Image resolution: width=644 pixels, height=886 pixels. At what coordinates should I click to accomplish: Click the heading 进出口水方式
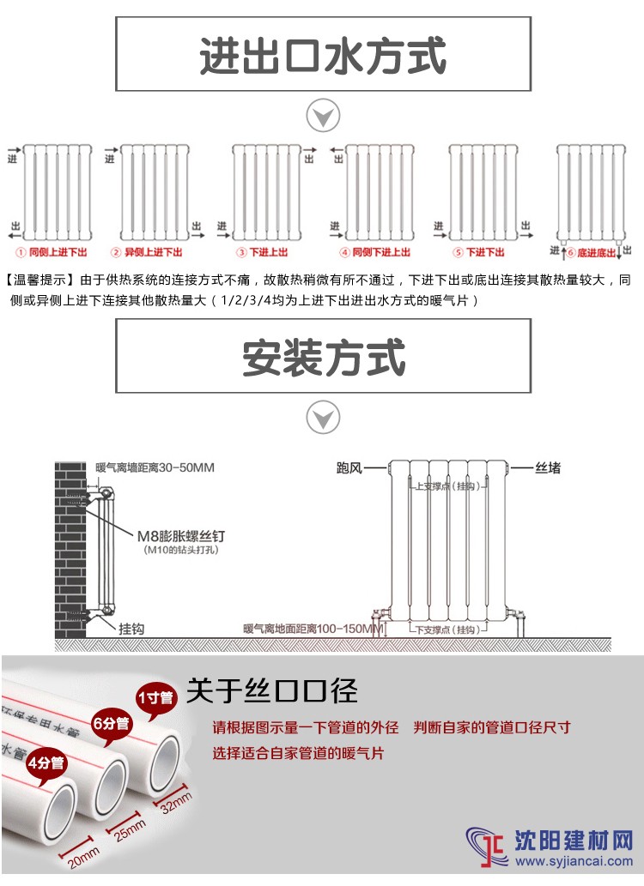(323, 55)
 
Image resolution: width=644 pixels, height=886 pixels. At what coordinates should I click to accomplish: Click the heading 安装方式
(324, 357)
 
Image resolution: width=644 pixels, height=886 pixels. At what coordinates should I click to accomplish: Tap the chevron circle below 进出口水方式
(323, 116)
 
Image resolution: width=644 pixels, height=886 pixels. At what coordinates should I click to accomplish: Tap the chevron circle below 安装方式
(323, 418)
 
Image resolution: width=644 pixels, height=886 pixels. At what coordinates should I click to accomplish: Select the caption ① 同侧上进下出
(52, 252)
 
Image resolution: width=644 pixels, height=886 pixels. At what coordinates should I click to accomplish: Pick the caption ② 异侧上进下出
(147, 252)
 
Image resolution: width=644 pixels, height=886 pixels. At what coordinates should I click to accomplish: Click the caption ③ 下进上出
(262, 252)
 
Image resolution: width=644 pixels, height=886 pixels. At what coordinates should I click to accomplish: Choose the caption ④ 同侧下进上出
(374, 252)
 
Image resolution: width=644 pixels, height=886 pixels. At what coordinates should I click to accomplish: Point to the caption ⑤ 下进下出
(479, 252)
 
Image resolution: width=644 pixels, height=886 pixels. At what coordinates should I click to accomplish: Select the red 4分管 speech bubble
(46, 764)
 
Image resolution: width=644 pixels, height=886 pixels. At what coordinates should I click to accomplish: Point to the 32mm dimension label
(176, 802)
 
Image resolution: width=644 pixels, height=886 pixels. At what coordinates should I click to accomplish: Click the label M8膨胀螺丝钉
(181, 536)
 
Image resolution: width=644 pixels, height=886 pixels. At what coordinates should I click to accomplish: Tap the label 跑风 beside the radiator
(349, 467)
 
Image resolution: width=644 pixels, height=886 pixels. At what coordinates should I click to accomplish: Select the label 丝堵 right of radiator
(548, 467)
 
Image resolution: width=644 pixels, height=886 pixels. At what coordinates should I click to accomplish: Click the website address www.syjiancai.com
(574, 861)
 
